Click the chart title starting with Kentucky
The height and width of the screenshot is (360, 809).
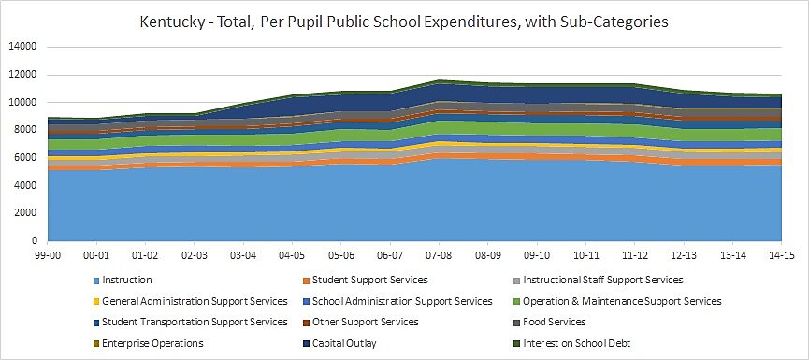coord(404,21)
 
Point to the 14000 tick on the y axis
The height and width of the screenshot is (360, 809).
coord(22,47)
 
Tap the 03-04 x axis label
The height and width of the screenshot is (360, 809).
coord(243,254)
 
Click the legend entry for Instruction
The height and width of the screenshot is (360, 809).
coord(127,280)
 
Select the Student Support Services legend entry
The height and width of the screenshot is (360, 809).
coord(369,280)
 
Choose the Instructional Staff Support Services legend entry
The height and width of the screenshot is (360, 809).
coord(603,280)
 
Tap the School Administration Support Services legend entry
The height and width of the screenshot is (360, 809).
coord(402,301)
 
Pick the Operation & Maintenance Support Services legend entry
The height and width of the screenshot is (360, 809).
coord(622,301)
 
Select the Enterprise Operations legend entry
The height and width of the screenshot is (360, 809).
coord(152,343)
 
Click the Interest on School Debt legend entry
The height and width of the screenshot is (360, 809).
coord(577,343)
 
